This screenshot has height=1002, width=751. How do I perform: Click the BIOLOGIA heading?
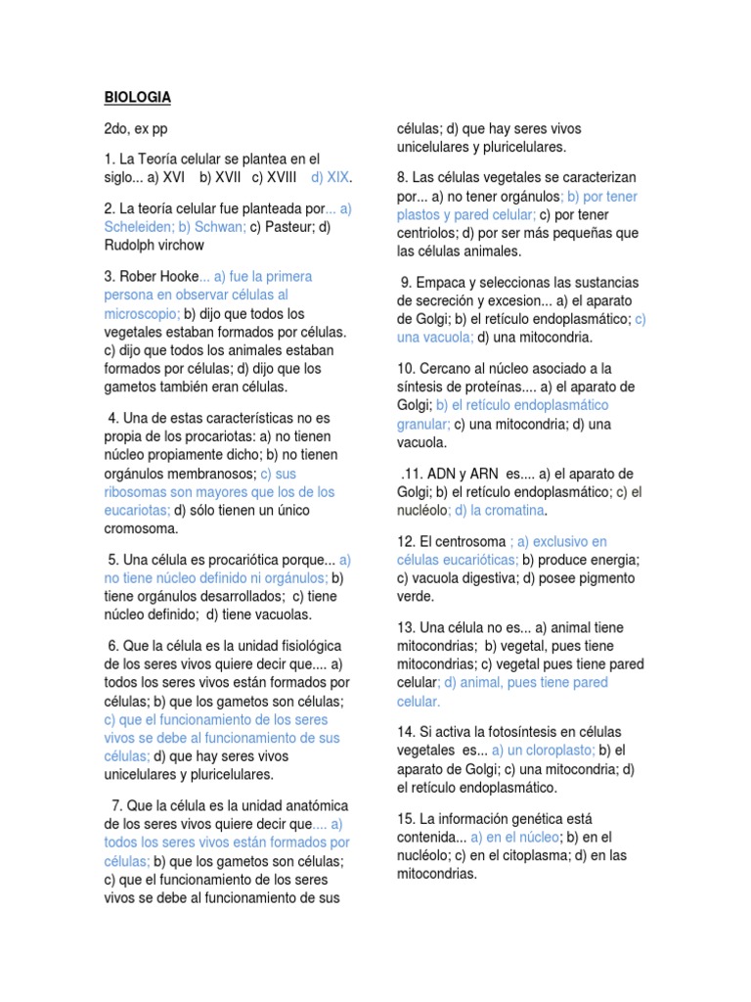tap(138, 97)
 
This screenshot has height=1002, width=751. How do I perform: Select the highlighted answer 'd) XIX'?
tap(331, 177)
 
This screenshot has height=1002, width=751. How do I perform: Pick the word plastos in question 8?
tap(420, 214)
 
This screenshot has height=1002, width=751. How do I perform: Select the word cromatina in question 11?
tap(511, 510)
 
